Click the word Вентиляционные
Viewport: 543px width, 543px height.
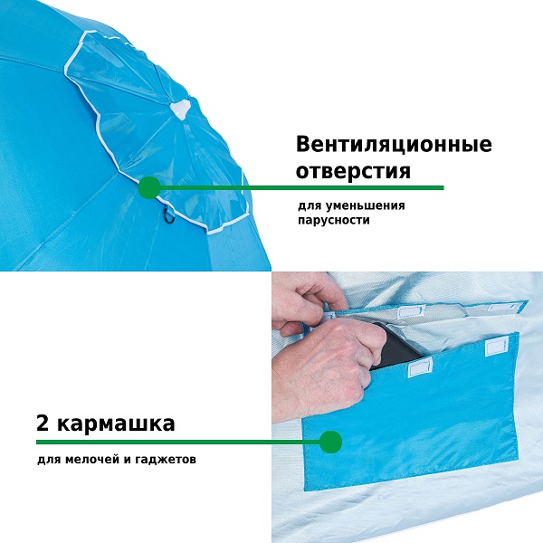point(394,145)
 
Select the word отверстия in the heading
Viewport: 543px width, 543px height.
point(353,171)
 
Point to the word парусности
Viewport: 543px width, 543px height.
point(334,220)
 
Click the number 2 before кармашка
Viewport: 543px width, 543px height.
point(43,423)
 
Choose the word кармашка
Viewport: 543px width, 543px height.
point(116,424)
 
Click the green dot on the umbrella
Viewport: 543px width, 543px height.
point(149,187)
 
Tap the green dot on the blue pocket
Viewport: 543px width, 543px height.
point(330,442)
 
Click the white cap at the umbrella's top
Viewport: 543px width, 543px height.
point(180,109)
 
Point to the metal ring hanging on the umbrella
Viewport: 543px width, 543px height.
point(168,214)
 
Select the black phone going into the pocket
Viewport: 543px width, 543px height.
point(398,347)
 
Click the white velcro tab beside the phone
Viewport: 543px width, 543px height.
point(421,367)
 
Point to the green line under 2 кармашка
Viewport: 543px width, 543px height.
point(178,442)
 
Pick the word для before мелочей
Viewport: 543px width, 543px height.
point(49,460)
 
